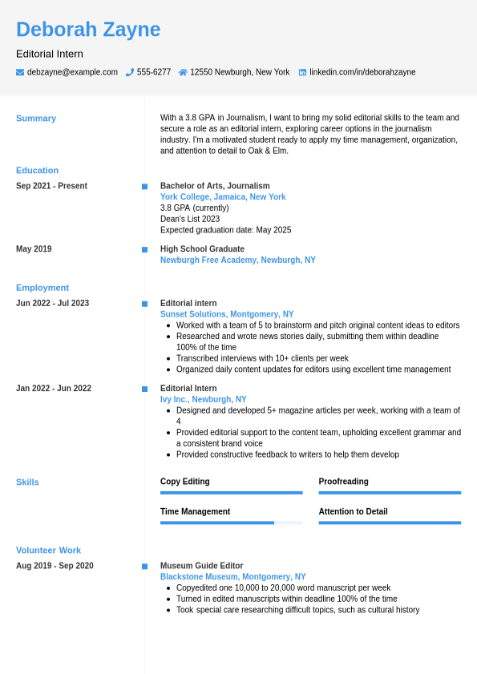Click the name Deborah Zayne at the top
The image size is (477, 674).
point(88,30)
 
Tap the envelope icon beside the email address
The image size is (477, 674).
point(20,72)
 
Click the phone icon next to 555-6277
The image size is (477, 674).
point(130,72)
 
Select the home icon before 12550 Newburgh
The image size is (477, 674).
point(183,72)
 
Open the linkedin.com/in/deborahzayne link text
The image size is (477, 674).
point(362,72)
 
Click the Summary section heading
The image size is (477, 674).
point(36,119)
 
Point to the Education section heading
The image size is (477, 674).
point(38,170)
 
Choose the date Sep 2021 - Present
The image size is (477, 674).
point(51,186)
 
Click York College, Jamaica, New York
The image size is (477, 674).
point(223,197)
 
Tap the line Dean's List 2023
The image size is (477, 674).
point(190,219)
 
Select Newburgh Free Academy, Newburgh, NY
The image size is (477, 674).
point(238,260)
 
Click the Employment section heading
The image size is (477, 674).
point(42,288)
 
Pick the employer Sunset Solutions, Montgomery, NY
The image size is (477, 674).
point(227,315)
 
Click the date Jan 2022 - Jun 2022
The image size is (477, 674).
point(54,389)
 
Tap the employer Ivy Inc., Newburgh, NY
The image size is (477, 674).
point(204,400)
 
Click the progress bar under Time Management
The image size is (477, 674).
point(231,523)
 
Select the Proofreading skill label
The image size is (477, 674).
point(344,482)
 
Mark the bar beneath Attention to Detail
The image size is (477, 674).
point(390,523)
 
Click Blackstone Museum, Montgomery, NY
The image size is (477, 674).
point(233,577)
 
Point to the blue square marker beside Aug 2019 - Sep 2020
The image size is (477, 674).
point(145,567)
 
